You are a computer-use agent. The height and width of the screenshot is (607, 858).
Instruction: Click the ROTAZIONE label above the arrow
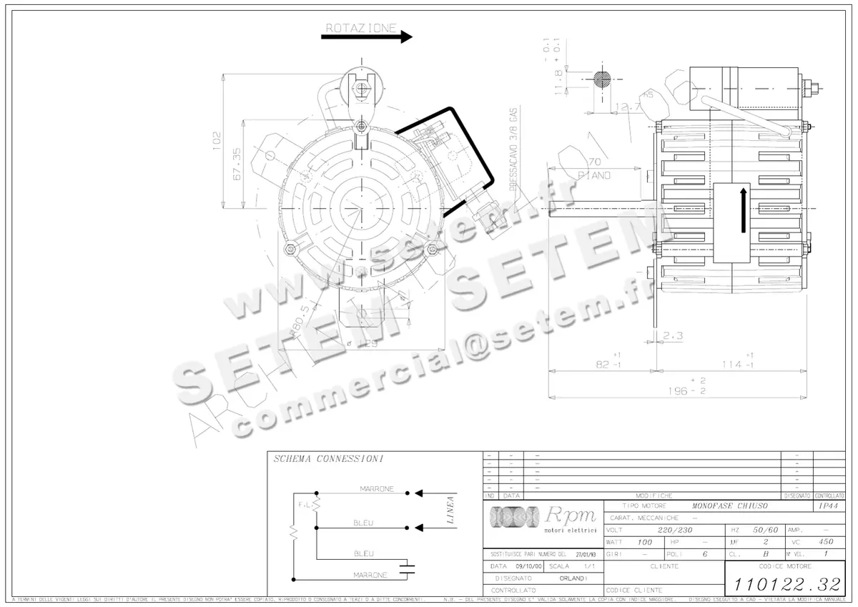[x=361, y=28]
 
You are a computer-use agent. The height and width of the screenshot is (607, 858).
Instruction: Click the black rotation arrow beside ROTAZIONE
[x=366, y=37]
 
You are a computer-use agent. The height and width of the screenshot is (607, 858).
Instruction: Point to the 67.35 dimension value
[x=236, y=164]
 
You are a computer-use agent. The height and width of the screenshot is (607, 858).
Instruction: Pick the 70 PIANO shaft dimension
[x=593, y=168]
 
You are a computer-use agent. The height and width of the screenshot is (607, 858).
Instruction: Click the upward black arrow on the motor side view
[x=744, y=210]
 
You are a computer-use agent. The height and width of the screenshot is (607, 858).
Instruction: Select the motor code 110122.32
[x=785, y=583]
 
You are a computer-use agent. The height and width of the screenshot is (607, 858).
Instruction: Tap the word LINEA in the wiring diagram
[x=450, y=510]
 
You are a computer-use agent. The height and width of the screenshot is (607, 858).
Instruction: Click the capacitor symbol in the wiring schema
[x=408, y=570]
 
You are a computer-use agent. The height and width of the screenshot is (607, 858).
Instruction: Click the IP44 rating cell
[x=828, y=505]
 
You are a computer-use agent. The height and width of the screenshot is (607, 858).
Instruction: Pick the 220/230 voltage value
[x=676, y=530]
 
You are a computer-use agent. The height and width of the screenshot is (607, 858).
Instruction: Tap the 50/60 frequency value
[x=765, y=530]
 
